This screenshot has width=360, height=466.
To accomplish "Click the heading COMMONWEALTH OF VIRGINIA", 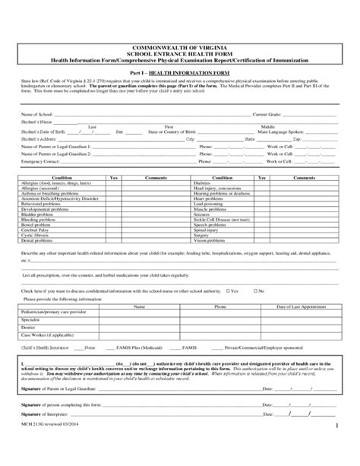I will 180,47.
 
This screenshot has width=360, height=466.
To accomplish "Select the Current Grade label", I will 267,114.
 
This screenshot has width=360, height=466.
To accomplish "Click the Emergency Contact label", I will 42,162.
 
